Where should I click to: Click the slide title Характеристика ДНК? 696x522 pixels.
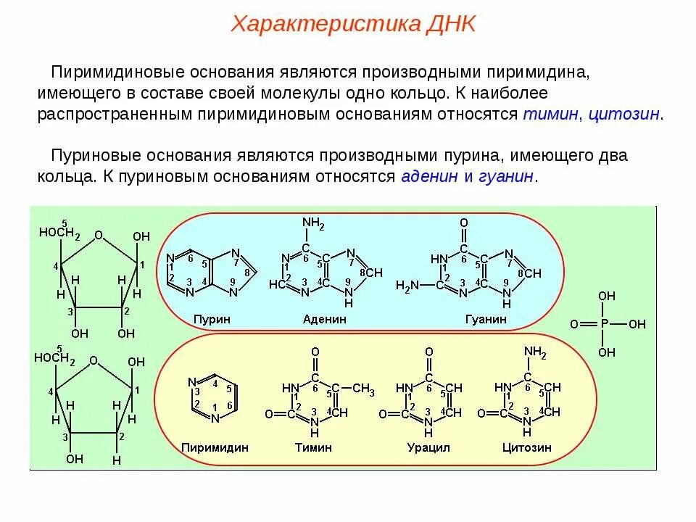click(353, 24)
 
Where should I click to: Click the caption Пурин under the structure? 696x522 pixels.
click(212, 319)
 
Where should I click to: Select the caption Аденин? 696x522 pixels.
click(325, 319)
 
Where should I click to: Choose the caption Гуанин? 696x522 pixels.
click(485, 319)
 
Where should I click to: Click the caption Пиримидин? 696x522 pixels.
click(215, 447)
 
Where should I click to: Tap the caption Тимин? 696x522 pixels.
click(313, 447)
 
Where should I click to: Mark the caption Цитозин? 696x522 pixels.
click(526, 447)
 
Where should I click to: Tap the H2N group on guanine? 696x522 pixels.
click(407, 286)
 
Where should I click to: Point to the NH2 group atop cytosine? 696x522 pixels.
click(535, 352)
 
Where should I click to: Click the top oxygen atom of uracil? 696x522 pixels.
click(428, 352)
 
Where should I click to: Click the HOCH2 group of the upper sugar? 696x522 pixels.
click(59, 232)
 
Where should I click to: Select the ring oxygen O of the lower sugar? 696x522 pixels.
click(94, 360)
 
